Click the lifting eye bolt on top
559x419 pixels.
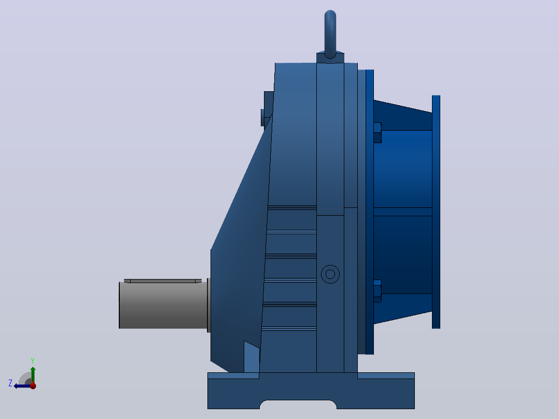click(x=330, y=34)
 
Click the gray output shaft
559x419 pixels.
click(x=163, y=305)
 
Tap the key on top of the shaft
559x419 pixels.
click(x=163, y=281)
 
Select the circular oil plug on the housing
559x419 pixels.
click(x=330, y=274)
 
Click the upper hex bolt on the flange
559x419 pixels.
click(x=378, y=133)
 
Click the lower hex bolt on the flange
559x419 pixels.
click(x=378, y=291)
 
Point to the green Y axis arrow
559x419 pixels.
click(x=33, y=375)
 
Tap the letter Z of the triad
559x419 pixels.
click(x=10, y=383)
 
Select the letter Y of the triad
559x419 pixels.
click(x=33, y=360)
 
